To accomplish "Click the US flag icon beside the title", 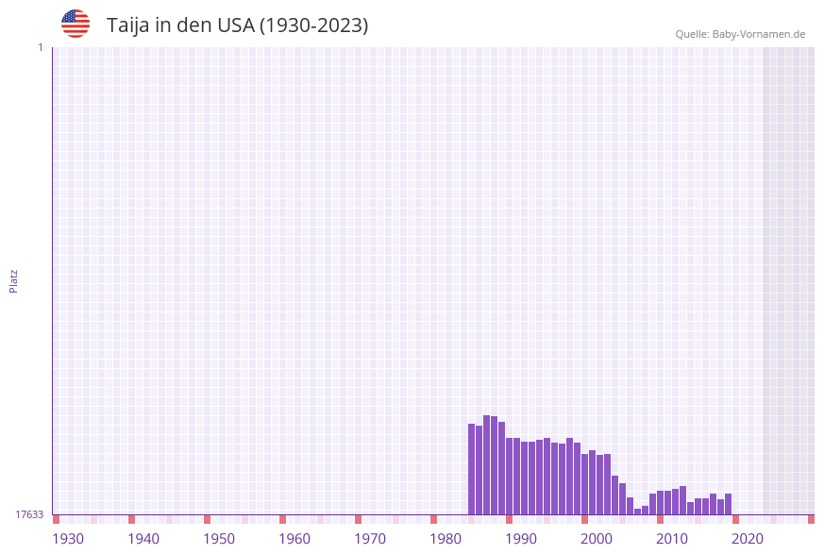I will (76, 24).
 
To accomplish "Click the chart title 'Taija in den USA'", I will (237, 25).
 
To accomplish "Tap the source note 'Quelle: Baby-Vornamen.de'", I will (740, 34).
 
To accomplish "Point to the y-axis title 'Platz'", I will (14, 280).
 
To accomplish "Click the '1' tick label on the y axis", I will (40, 47).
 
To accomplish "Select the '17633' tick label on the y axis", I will (29, 514).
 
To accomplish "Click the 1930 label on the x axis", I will (68, 538).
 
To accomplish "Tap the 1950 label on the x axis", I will (219, 538).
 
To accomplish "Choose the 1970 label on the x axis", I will (370, 538).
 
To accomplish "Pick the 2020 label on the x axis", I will (748, 538).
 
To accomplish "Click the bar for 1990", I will (510, 476).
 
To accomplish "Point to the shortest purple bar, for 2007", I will (638, 512).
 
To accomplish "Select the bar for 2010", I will (661, 502).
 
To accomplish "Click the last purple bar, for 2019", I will (729, 504).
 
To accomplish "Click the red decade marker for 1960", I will (282, 519).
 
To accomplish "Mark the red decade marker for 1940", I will (131, 519).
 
